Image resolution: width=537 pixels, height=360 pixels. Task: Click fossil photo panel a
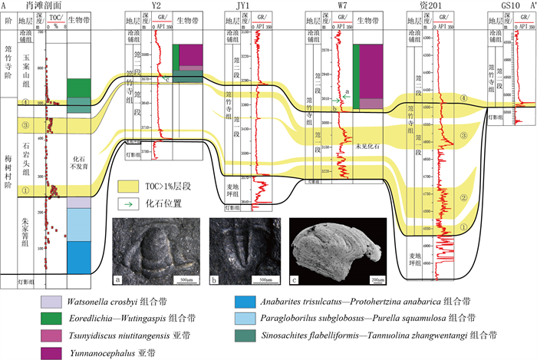click(x=156, y=250)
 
